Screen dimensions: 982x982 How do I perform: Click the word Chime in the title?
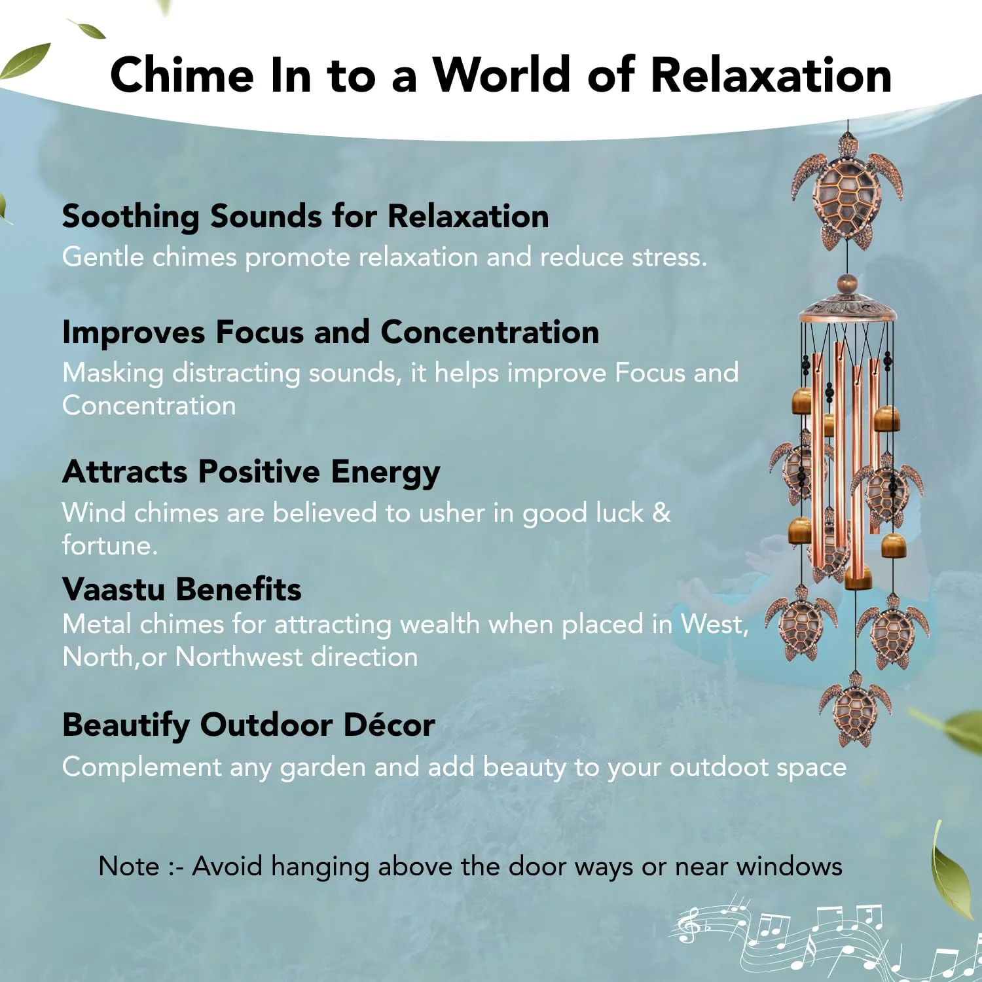pyautogui.click(x=182, y=75)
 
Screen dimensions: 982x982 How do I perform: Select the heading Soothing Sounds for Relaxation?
pyautogui.click(x=306, y=217)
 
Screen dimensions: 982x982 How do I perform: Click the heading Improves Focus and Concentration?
pyautogui.click(x=331, y=332)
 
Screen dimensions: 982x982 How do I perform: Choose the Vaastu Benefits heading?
pyautogui.click(x=182, y=589)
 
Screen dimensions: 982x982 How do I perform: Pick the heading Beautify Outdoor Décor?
pyautogui.click(x=249, y=725)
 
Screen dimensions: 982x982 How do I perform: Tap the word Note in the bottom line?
pyautogui.click(x=129, y=866)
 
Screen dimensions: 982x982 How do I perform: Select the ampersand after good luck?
pyautogui.click(x=662, y=513)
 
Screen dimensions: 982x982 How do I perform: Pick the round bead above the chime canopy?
pyautogui.click(x=848, y=284)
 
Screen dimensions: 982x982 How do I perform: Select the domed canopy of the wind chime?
pyautogui.click(x=847, y=308)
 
